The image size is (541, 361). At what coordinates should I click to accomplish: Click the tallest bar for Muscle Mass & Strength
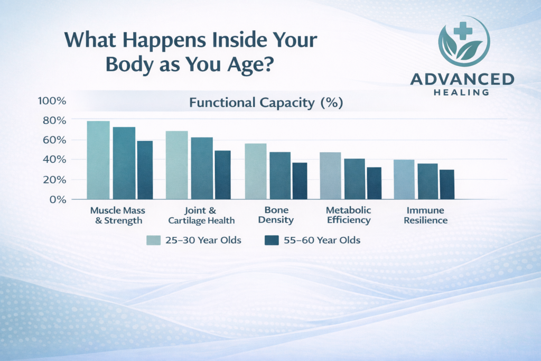click(98, 160)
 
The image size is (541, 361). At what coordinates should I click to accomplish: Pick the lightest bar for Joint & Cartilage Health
click(177, 165)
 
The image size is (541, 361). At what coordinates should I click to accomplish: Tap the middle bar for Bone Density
click(280, 175)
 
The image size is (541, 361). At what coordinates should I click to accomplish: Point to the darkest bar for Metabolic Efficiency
click(374, 183)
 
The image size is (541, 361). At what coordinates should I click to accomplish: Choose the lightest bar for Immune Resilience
click(404, 179)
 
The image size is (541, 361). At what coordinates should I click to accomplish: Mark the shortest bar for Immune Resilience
click(447, 184)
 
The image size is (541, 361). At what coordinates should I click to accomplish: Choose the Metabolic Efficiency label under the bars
click(348, 215)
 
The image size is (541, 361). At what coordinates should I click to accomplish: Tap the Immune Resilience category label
click(425, 215)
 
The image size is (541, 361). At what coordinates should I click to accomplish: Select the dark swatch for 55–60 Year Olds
click(271, 240)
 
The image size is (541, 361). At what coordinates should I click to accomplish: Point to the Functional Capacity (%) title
click(266, 103)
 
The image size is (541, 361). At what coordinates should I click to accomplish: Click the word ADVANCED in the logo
click(462, 80)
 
